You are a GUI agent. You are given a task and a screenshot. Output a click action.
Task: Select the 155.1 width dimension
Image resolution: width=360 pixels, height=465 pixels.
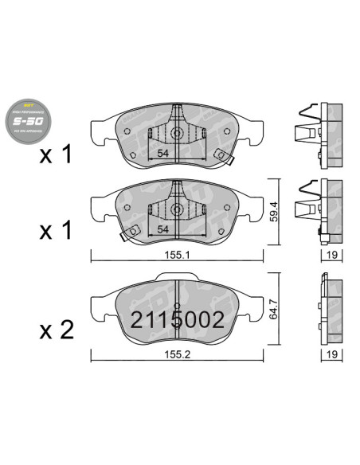177,256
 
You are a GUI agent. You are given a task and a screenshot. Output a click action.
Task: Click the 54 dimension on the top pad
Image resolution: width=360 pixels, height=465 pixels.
162,153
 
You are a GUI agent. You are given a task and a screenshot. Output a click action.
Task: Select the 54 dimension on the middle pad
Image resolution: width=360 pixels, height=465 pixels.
162,229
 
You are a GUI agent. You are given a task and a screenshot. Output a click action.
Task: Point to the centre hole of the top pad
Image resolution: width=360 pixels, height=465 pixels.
177,133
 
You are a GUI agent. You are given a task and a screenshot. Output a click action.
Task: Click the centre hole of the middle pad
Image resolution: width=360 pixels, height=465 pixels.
177,210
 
